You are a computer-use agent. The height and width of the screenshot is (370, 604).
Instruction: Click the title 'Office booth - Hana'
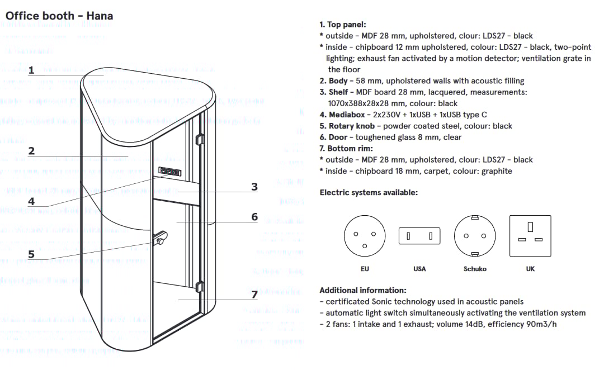tap(59, 16)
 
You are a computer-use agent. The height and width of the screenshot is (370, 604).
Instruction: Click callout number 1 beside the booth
tap(31, 70)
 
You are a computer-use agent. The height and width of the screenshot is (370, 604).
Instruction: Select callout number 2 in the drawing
tap(31, 151)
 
